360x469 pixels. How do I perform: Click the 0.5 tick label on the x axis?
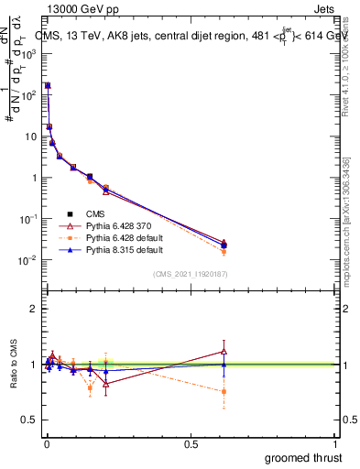tap(190, 444)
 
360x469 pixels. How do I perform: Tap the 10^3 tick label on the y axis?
tap(27, 54)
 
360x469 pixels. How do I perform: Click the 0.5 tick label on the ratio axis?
tap(29, 420)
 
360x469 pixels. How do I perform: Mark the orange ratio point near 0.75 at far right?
tap(224, 391)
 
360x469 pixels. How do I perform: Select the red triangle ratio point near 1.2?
tap(224, 351)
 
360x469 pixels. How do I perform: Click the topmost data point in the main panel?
tap(48, 85)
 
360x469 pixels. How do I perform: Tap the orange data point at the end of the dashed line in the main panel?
tap(224, 251)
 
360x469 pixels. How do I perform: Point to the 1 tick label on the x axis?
tap(334, 444)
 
